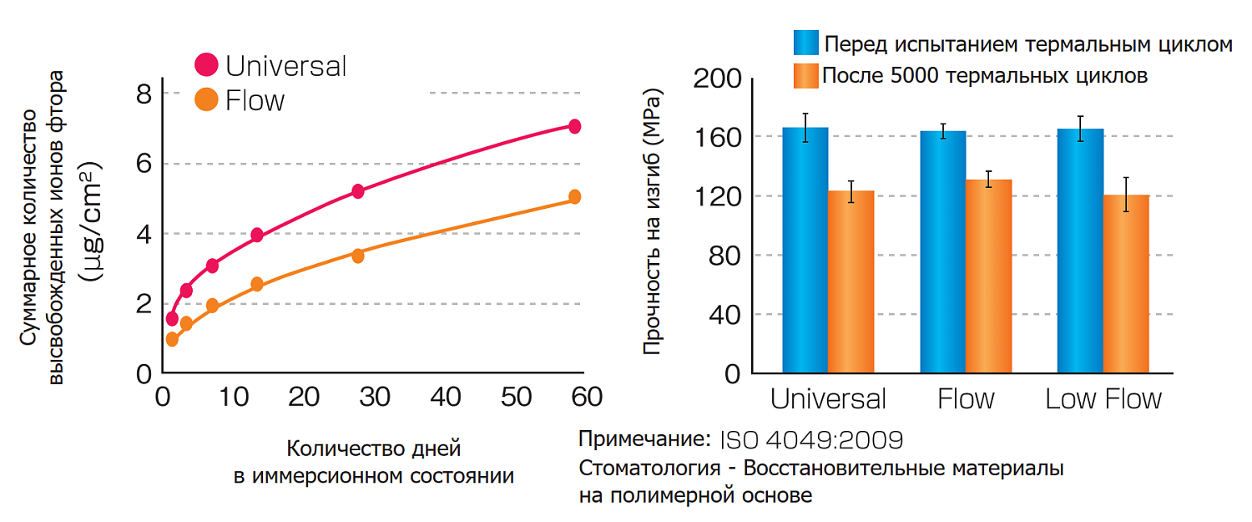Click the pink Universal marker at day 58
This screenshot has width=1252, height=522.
pyautogui.click(x=574, y=126)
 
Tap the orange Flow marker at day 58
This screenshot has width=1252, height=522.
pyautogui.click(x=574, y=197)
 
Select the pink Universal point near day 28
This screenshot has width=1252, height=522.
pyautogui.click(x=358, y=191)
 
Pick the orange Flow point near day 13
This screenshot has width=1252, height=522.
pyautogui.click(x=257, y=284)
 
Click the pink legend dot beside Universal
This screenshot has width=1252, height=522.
pyautogui.click(x=206, y=64)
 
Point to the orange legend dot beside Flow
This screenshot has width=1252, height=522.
pyautogui.click(x=206, y=99)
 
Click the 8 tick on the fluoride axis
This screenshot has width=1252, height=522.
pyautogui.click(x=144, y=93)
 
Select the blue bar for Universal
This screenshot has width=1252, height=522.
pyautogui.click(x=805, y=251)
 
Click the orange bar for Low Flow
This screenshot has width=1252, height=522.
pyautogui.click(x=1126, y=284)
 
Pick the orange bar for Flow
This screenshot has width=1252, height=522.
pyautogui.click(x=988, y=276)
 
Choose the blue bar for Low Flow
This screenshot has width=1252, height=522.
pyautogui.click(x=1080, y=251)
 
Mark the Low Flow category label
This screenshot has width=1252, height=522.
pyautogui.click(x=1103, y=398)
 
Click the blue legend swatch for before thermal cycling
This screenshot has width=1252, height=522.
pyautogui.click(x=806, y=43)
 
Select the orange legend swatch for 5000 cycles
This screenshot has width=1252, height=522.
pyautogui.click(x=806, y=75)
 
